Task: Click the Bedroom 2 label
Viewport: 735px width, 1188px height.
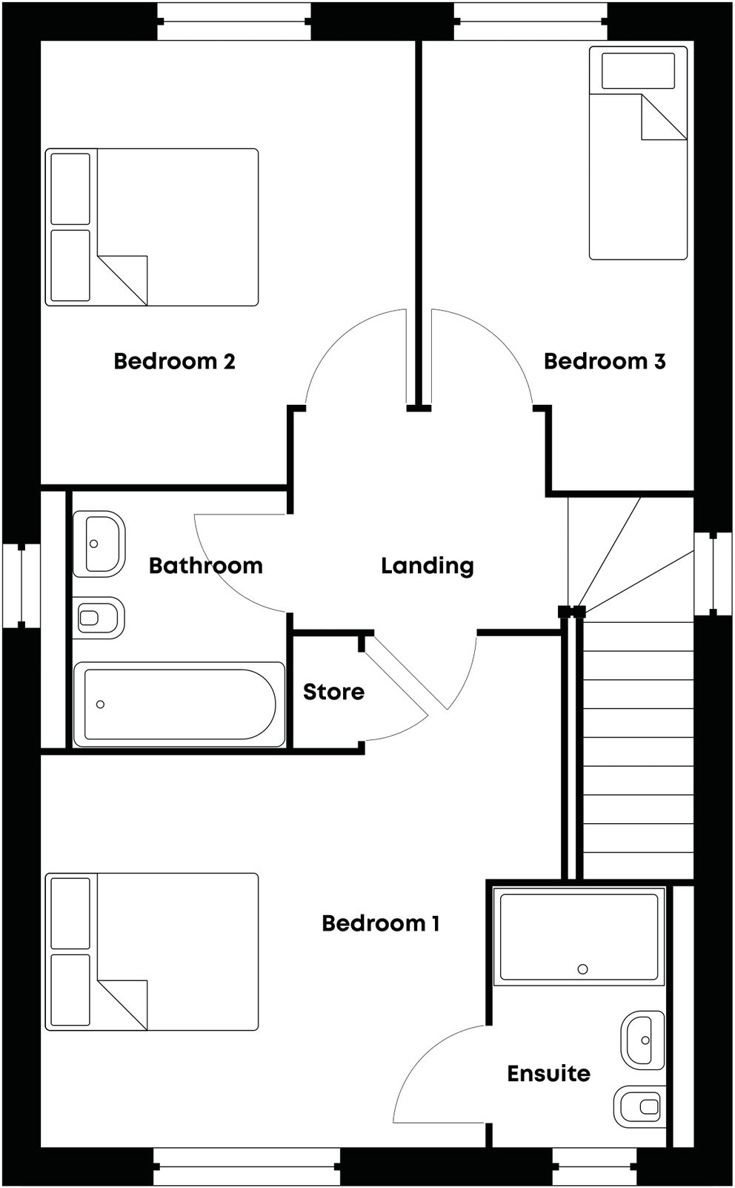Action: coord(174,361)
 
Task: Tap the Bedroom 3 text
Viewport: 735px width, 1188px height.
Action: coord(604,361)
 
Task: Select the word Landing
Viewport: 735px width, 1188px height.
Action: coord(427,566)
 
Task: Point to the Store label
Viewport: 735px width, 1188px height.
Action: coord(333,692)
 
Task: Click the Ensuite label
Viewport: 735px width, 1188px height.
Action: coord(548,1073)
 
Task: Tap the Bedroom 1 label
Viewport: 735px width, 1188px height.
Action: coord(380,923)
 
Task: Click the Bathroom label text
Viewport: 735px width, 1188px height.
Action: coord(205,566)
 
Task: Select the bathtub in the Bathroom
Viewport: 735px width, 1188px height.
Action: coord(179,704)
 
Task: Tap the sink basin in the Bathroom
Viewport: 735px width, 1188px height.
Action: coord(99,544)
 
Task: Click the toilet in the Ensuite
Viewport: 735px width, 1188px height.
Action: coord(640,1106)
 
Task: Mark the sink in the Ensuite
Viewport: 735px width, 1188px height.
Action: coord(642,1040)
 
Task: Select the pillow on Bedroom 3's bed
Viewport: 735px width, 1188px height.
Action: coord(638,71)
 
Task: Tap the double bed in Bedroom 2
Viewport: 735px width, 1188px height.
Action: coord(152,227)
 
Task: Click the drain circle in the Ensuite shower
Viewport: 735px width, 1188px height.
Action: coord(582,969)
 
